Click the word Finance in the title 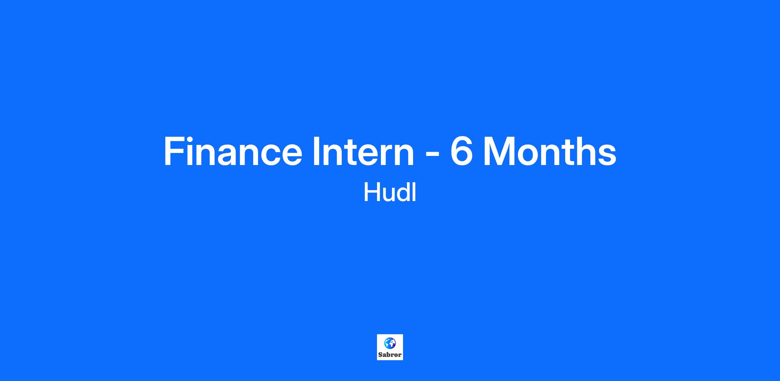click(233, 151)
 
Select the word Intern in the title click(363, 151)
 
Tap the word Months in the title click(550, 151)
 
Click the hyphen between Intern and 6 click(432, 154)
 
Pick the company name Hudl click(390, 192)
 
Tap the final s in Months click(607, 156)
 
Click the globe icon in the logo click(390, 343)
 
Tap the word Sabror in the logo click(390, 355)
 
